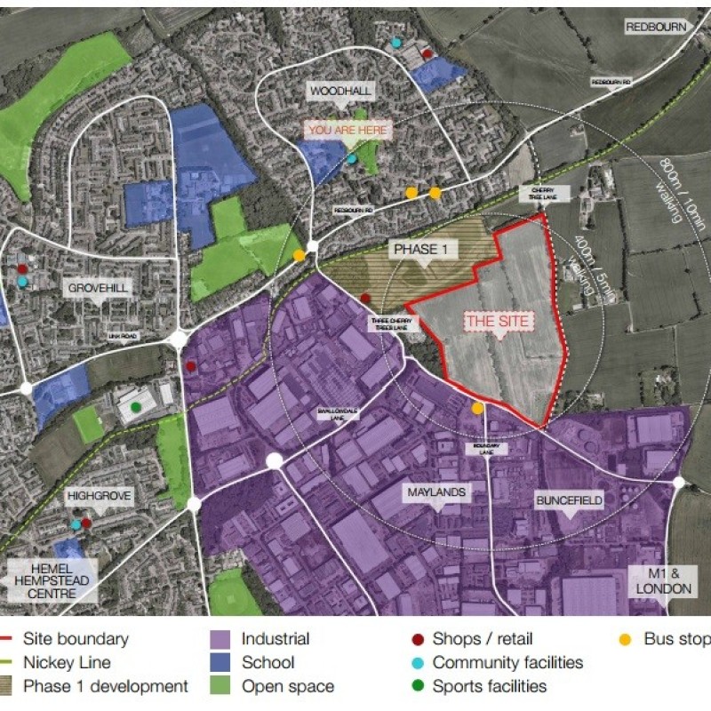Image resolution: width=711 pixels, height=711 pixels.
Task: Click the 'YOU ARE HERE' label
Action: click(x=348, y=130)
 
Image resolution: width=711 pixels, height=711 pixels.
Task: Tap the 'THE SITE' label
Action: click(x=497, y=321)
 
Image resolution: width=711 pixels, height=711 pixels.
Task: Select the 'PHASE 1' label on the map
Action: click(x=421, y=250)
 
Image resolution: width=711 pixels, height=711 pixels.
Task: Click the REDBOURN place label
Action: click(x=657, y=28)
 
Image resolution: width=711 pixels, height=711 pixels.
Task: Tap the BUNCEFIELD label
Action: click(x=570, y=500)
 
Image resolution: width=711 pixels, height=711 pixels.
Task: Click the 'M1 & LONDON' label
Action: click(x=663, y=581)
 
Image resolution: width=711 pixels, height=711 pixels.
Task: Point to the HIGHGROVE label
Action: click(x=103, y=496)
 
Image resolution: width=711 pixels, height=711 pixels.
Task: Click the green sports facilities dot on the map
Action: click(x=135, y=408)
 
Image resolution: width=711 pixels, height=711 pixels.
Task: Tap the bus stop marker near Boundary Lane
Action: click(x=477, y=408)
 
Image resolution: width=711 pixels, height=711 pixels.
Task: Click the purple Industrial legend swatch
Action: click(x=222, y=639)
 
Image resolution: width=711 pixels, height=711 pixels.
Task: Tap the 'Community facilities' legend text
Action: click(x=507, y=662)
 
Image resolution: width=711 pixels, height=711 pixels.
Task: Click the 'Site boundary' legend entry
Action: click(x=76, y=639)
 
